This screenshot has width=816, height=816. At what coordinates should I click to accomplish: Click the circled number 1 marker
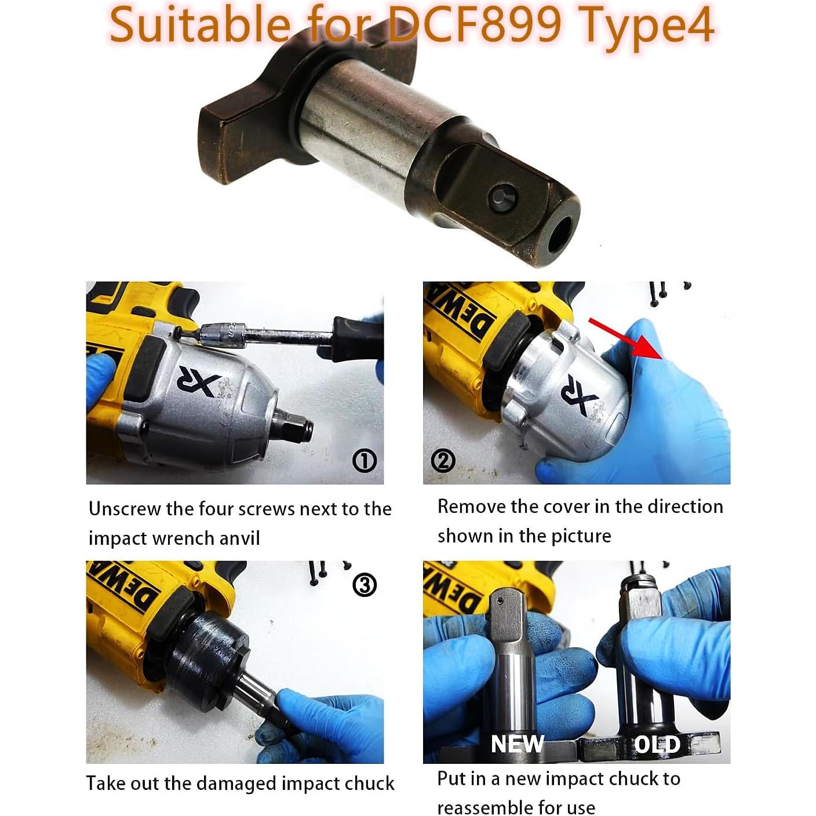point(365,461)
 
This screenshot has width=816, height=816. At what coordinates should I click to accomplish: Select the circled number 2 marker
point(443,461)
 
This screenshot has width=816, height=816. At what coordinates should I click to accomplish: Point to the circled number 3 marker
point(365,585)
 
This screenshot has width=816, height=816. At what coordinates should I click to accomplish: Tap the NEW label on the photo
point(517,744)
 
